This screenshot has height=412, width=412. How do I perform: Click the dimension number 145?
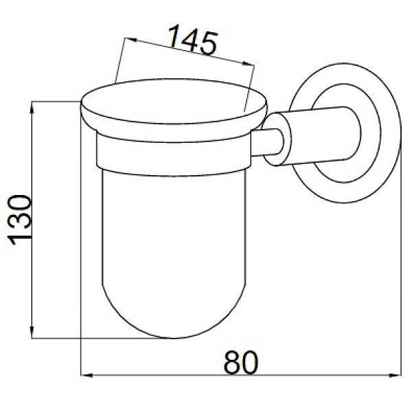point(192,39)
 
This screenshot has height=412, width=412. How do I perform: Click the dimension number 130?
point(19,220)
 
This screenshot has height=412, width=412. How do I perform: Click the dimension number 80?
point(241,363)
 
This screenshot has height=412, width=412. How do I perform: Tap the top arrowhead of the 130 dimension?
point(32,107)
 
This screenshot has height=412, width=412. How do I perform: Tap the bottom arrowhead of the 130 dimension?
point(32,332)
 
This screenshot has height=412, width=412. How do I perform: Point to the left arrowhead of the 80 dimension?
point(87,375)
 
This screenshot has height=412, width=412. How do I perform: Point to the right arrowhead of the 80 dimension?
point(395,375)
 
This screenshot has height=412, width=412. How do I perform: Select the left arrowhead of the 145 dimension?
point(130,40)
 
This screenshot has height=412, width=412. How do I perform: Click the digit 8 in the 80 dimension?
point(232,363)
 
